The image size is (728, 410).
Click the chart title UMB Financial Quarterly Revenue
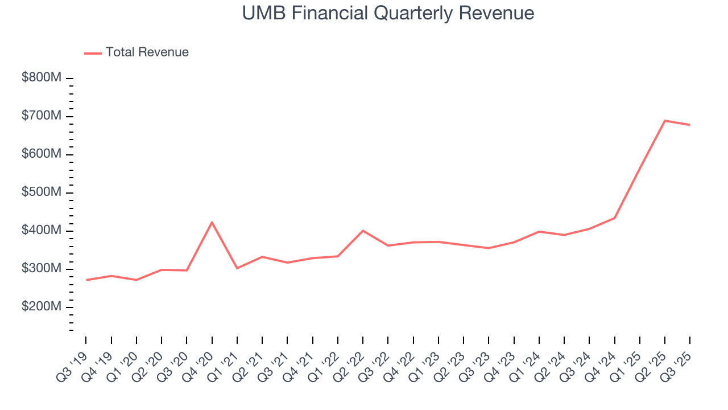click(x=388, y=13)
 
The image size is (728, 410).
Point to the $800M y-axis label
click(x=42, y=77)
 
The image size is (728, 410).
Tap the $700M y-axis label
click(x=42, y=116)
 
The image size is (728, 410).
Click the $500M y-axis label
click(x=42, y=192)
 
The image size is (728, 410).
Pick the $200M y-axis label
click(x=42, y=307)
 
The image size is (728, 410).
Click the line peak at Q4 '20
click(x=212, y=222)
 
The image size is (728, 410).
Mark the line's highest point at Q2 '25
click(x=665, y=121)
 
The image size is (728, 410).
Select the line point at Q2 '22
click(x=363, y=231)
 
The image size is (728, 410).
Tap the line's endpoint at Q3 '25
click(x=690, y=125)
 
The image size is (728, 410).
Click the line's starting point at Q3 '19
click(x=86, y=280)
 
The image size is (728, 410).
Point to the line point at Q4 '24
click(x=614, y=218)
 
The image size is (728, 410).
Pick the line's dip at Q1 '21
click(x=237, y=268)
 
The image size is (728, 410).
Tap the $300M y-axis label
click(x=42, y=269)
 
